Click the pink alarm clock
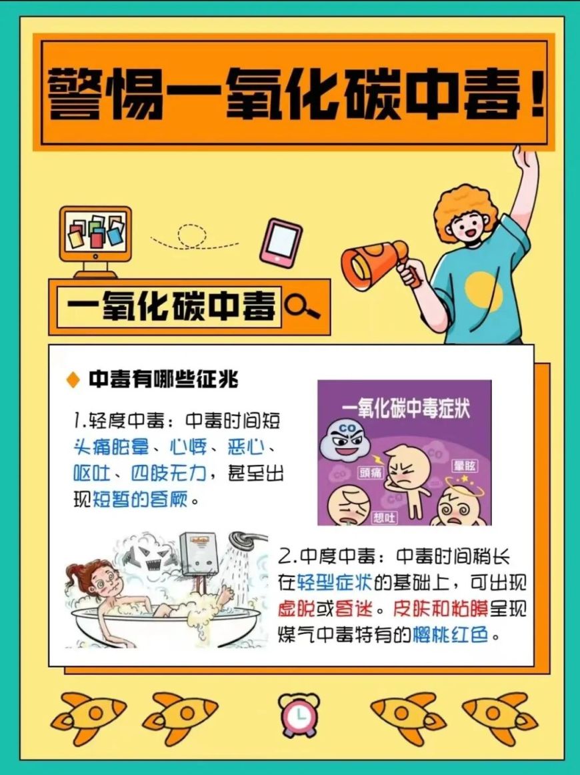[x=299, y=714]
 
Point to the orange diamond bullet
[x=73, y=379]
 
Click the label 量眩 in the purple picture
[x=465, y=466]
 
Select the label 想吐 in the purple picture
[x=384, y=517]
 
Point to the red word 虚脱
[x=297, y=608]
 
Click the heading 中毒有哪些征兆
[x=163, y=379]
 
